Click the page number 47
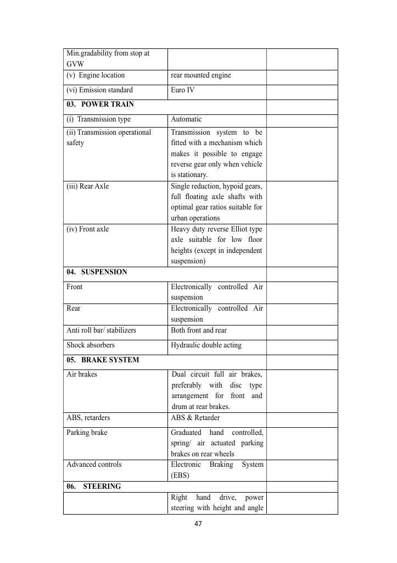[198, 524]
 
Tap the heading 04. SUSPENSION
[97, 272]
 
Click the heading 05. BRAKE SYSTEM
[103, 360]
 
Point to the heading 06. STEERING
[93, 487]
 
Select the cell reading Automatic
[186, 119]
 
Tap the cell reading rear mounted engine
[200, 75]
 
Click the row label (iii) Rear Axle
[88, 186]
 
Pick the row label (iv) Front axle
[88, 229]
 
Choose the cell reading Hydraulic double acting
[206, 345]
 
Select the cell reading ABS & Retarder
[195, 418]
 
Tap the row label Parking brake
[87, 433]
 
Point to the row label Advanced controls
[93, 465]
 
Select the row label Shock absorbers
[91, 345]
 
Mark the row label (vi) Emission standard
[99, 90]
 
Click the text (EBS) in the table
[180, 476]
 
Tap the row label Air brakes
[82, 374]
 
